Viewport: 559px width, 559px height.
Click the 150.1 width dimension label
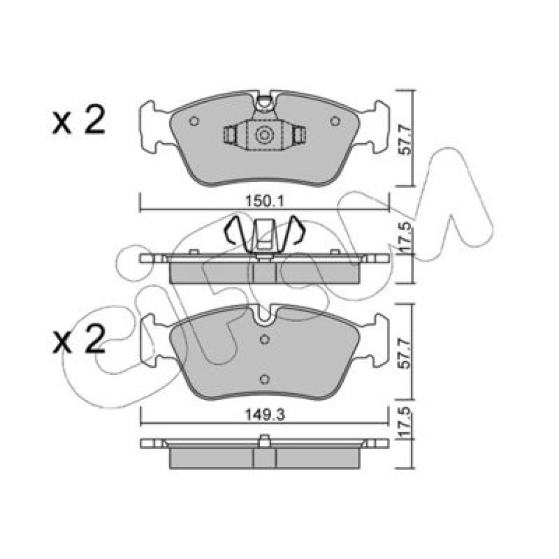(264, 202)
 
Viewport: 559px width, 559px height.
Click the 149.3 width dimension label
(264, 414)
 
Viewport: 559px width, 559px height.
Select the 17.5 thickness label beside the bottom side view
(405, 423)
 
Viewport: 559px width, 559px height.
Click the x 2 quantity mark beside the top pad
(79, 121)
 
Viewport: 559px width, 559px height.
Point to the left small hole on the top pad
(194, 121)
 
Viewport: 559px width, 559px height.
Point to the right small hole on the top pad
(335, 121)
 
